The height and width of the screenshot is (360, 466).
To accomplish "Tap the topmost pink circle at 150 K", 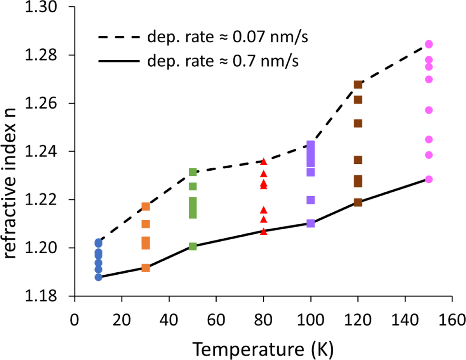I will pyautogui.click(x=429, y=44).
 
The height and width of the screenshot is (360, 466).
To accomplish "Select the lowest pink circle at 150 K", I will pyautogui.click(x=429, y=179).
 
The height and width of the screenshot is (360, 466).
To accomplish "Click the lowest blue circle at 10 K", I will pyautogui.click(x=98, y=277).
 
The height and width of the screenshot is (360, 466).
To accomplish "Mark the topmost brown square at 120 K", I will pyautogui.click(x=358, y=85).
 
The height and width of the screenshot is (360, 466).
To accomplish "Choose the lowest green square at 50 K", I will pyautogui.click(x=193, y=246).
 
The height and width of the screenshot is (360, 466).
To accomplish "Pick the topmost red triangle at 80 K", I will pyautogui.click(x=264, y=162).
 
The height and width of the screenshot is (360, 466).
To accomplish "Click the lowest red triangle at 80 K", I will pyautogui.click(x=264, y=232).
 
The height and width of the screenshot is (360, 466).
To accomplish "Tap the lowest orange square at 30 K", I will pyautogui.click(x=146, y=268).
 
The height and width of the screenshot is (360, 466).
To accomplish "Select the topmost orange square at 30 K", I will pyautogui.click(x=146, y=206).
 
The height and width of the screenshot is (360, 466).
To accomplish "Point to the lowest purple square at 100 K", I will pyautogui.click(x=311, y=223).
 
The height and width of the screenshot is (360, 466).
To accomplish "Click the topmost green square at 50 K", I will pyautogui.click(x=193, y=172).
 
